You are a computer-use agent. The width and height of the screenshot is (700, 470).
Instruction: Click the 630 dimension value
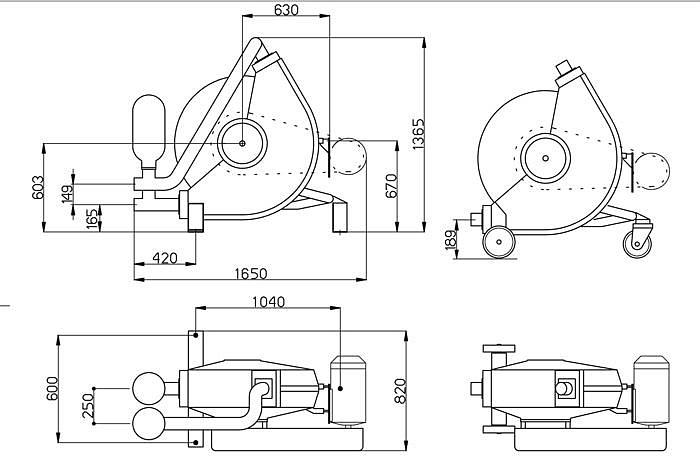[x=286, y=10]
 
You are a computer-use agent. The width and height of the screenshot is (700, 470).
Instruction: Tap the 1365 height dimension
[x=421, y=130]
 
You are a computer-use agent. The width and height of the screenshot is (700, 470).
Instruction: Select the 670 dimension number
[x=391, y=185]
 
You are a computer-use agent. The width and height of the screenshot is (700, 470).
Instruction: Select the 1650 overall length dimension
[x=250, y=273]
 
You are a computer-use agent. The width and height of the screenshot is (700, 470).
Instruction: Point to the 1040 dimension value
[x=267, y=302]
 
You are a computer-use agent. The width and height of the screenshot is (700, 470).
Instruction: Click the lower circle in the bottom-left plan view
[x=149, y=423]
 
